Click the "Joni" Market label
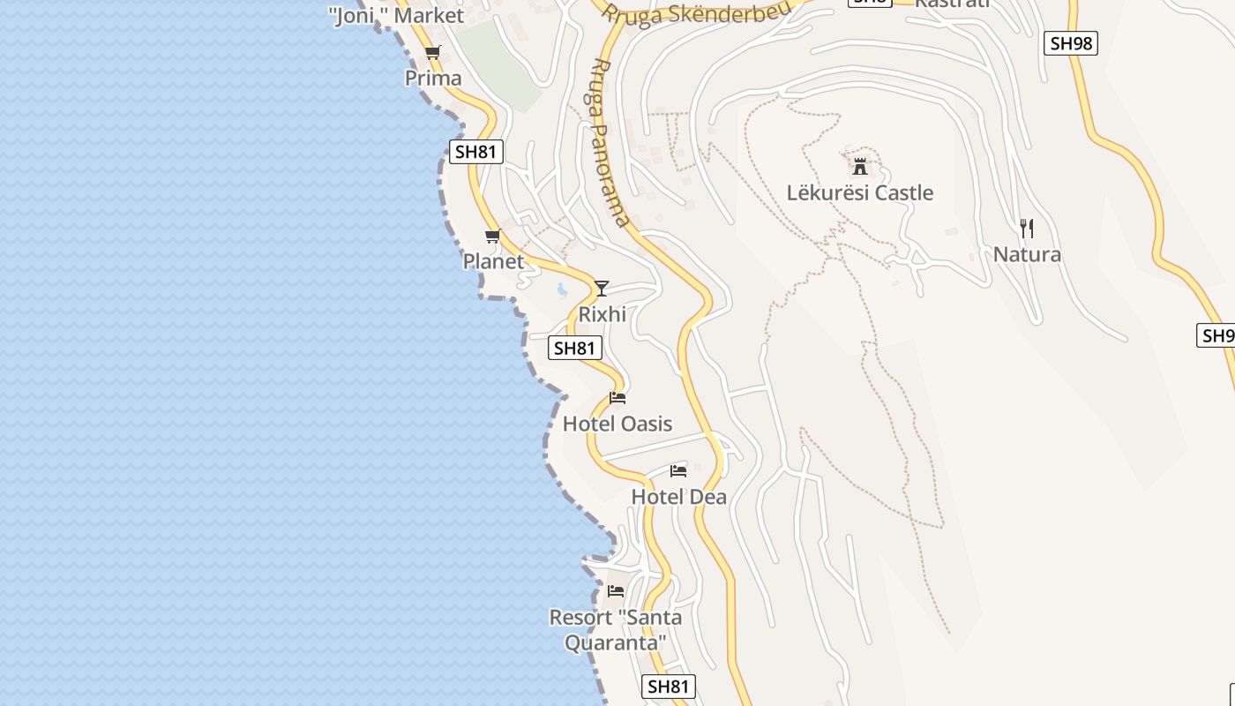point(396,15)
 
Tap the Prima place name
point(433,78)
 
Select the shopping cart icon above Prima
point(432,53)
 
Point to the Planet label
point(493,261)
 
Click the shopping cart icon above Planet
point(493,236)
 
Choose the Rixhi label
point(603,314)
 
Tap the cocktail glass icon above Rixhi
point(602,288)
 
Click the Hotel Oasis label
point(617,424)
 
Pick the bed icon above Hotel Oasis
point(617,398)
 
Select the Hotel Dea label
point(679,497)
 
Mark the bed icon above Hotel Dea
point(678,470)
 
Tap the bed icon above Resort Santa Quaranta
point(616,590)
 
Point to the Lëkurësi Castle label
point(860,192)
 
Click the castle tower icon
point(860,166)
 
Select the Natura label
point(1027,254)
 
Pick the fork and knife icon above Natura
point(1027,229)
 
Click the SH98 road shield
point(1071,42)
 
